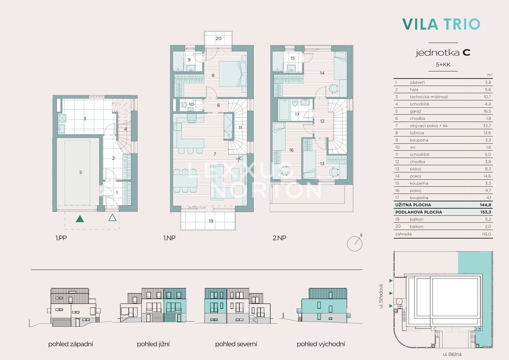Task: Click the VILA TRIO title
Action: click(x=441, y=24)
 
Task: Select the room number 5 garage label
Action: click(x=81, y=173)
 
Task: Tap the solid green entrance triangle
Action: click(x=80, y=218)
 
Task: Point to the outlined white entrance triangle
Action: click(x=112, y=217)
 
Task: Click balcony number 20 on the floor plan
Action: click(x=218, y=38)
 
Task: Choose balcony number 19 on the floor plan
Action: click(x=211, y=221)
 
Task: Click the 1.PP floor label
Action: click(x=62, y=238)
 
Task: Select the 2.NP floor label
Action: click(x=279, y=238)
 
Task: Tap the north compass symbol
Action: click(x=355, y=243)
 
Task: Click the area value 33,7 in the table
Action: click(x=487, y=126)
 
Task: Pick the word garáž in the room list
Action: click(x=415, y=112)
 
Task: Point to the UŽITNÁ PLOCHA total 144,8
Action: click(x=486, y=205)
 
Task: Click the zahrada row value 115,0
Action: click(x=487, y=234)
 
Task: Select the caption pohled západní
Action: click(x=71, y=344)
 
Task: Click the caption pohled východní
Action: click(x=321, y=344)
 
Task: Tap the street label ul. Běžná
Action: click(x=452, y=354)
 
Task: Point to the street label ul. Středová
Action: click(x=381, y=296)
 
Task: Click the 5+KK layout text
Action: click(x=443, y=65)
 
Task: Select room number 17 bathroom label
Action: click(x=297, y=114)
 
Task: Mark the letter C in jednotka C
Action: click(x=466, y=52)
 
